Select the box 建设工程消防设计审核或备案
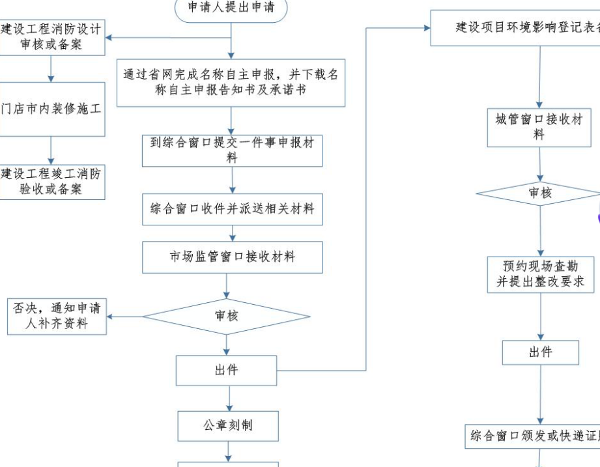click(x=51, y=37)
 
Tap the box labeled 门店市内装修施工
click(x=51, y=109)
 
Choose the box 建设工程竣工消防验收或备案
click(x=51, y=182)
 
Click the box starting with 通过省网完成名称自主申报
click(x=231, y=82)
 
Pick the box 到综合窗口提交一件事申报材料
click(x=232, y=150)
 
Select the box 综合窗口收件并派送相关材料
click(x=232, y=209)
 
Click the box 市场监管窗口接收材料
click(x=232, y=257)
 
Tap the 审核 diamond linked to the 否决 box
click(x=226, y=317)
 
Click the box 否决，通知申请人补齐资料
click(x=57, y=316)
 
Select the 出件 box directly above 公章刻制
click(x=226, y=370)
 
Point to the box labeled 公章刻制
click(x=228, y=425)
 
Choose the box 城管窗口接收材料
click(x=539, y=127)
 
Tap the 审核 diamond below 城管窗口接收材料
click(x=539, y=193)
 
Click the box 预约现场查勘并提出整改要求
click(x=540, y=274)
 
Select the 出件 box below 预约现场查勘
click(x=540, y=352)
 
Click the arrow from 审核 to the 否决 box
click(x=125, y=317)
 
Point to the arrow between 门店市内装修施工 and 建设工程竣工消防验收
click(x=51, y=150)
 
